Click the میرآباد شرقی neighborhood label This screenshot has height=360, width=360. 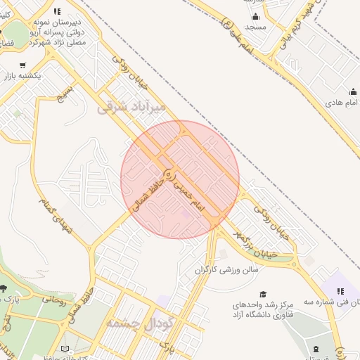[x=132, y=108]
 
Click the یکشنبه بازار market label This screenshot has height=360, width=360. [x=22, y=75]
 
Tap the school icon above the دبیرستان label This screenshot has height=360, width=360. [x=56, y=11]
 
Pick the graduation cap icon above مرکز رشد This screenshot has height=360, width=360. [x=263, y=295]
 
